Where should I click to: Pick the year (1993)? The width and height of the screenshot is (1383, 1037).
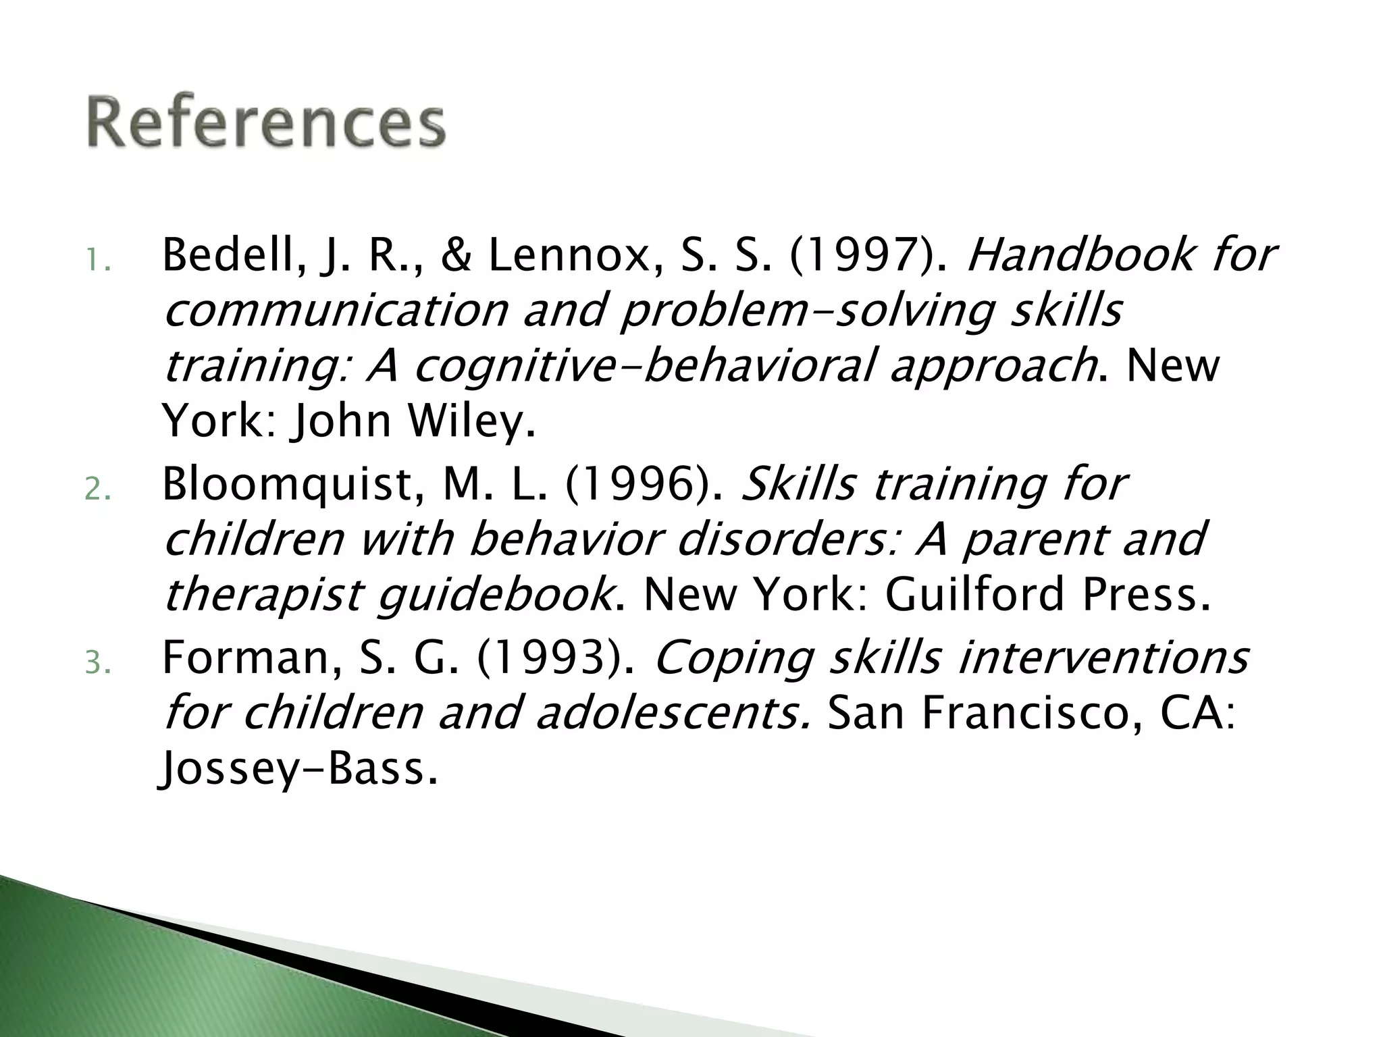pyautogui.click(x=555, y=658)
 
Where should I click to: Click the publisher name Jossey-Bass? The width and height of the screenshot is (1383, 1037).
pyautogui.click(x=298, y=770)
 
